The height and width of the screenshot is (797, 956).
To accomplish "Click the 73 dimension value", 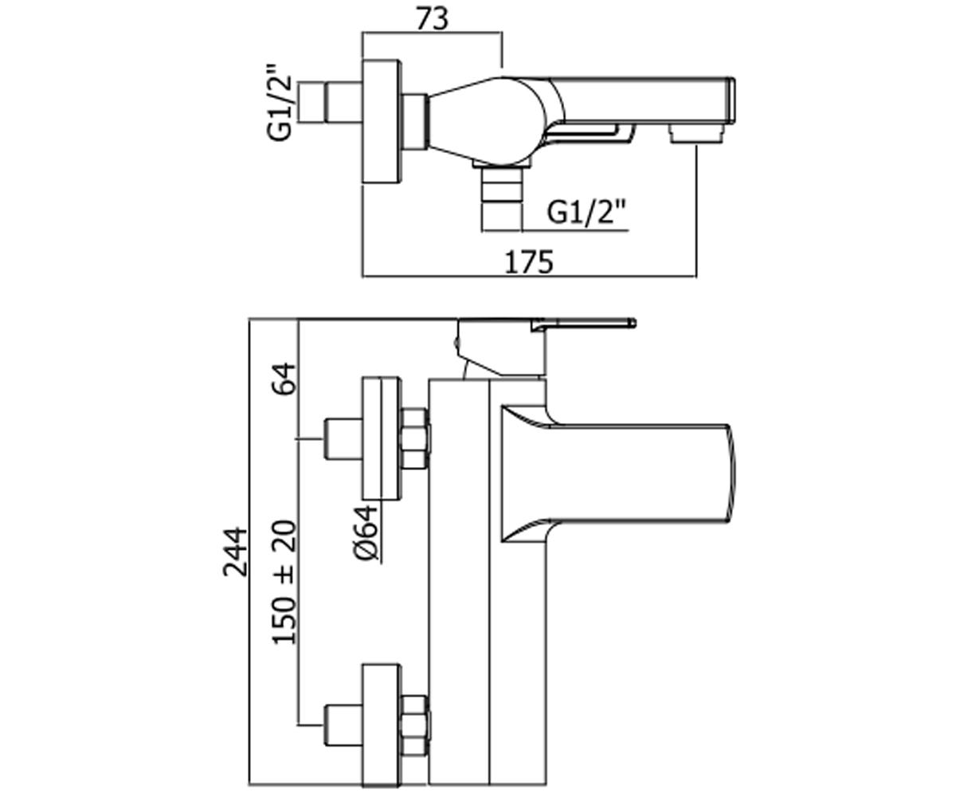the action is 433,20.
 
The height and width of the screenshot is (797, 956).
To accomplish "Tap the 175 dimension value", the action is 529,262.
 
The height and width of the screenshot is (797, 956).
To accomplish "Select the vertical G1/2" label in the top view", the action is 280,102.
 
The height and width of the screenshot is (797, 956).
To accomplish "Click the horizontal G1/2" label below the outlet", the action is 586,212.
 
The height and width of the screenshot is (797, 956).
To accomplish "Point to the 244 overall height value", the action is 235,552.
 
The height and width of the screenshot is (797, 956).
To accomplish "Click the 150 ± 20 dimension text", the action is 284,583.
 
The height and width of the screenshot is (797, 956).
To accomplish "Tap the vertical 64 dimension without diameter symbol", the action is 284,379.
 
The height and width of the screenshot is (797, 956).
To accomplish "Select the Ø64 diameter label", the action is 366,532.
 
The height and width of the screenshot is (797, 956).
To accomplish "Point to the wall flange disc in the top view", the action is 382,122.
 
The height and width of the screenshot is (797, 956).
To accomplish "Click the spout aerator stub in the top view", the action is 697,135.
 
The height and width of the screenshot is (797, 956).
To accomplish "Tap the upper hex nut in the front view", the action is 416,439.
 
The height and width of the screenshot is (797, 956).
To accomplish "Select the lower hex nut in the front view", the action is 416,725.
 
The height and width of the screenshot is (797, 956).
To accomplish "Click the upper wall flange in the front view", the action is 382,438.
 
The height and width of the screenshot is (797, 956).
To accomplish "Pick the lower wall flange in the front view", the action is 382,725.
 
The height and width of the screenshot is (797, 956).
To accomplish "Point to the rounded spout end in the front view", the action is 731,473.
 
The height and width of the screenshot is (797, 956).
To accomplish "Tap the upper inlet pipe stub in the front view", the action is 343,438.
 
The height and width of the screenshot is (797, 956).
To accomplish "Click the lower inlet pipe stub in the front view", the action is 343,725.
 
